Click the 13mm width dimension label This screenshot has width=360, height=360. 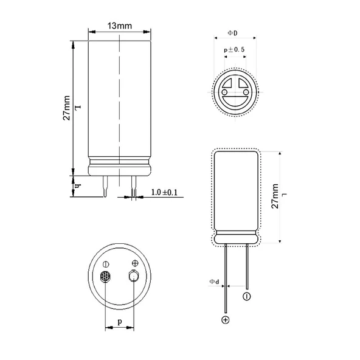[x=119, y=26]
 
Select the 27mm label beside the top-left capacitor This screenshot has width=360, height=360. [x=67, y=108]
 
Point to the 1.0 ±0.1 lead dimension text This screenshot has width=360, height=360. [x=164, y=192]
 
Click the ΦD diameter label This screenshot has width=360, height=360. [x=232, y=32]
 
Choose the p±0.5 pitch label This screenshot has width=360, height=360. [x=234, y=49]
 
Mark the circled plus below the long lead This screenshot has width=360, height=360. [x=226, y=320]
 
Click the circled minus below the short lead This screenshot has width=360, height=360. [x=247, y=297]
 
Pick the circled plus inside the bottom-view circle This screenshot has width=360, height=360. [x=134, y=263]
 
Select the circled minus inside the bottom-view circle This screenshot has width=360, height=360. [x=106, y=264]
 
